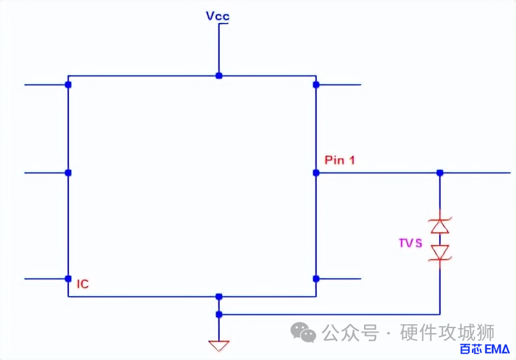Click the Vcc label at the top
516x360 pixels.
click(218, 16)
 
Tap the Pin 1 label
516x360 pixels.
click(340, 160)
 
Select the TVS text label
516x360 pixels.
click(410, 243)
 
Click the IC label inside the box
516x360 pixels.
click(82, 285)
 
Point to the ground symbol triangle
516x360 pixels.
click(218, 346)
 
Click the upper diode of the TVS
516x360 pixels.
click(439, 225)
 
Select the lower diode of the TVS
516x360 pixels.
click(439, 253)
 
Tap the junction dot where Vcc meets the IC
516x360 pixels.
click(218, 75)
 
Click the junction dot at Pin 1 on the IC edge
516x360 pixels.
click(315, 172)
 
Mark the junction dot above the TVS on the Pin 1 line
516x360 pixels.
click(439, 172)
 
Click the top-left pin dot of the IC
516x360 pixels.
click(68, 84)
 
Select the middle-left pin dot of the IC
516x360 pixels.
click(68, 172)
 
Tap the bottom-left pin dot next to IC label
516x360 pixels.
click(68, 279)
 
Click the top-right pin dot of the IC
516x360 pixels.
click(315, 84)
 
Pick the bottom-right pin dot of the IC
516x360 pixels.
click(315, 279)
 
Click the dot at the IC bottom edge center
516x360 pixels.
click(218, 296)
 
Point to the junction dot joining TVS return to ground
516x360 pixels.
click(218, 314)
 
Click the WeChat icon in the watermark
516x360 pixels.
click(303, 332)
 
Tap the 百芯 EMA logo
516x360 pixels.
click(484, 349)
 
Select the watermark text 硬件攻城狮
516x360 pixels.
click(447, 333)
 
